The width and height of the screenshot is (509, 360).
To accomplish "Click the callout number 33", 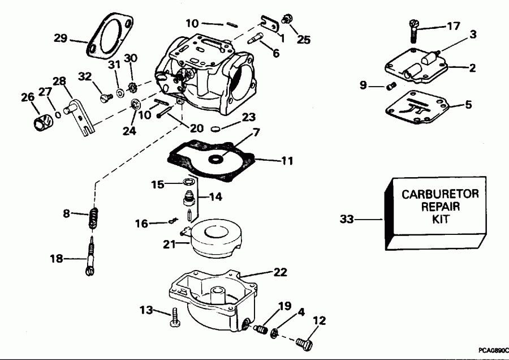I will [x=348, y=218].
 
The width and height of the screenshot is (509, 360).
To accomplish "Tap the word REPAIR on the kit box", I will [x=440, y=207].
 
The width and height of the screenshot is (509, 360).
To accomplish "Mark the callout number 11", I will [x=287, y=161].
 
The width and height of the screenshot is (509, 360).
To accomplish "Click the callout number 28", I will [x=59, y=81].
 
